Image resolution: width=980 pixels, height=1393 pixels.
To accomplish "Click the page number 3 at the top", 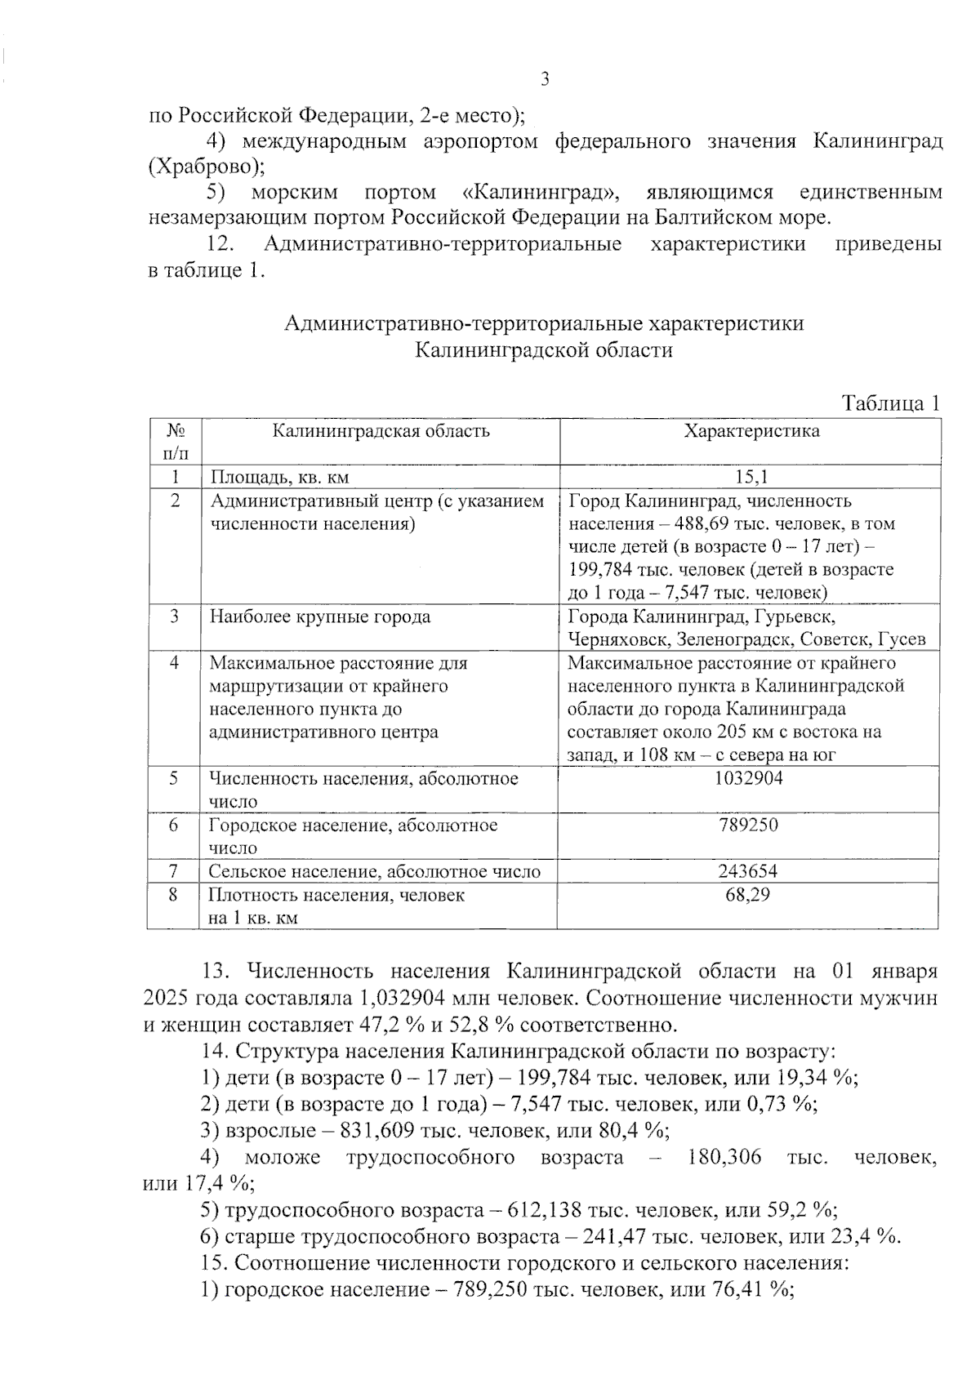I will click(545, 79).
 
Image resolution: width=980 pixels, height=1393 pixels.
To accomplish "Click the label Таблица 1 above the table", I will click(891, 403).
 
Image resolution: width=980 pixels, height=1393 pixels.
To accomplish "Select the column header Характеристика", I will click(751, 431).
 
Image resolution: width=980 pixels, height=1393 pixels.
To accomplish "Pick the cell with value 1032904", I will click(748, 778).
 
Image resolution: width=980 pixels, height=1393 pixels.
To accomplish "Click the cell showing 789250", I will click(748, 825).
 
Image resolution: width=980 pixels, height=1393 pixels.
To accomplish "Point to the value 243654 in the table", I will click(748, 871).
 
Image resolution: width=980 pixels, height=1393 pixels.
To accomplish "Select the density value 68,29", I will click(748, 895).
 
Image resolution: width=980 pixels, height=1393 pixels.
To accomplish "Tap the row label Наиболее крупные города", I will click(320, 616).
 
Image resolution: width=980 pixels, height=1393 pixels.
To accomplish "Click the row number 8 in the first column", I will click(173, 895).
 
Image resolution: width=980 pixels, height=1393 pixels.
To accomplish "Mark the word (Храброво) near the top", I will click(207, 167).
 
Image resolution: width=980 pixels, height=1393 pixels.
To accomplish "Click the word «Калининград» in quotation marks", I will click(541, 193).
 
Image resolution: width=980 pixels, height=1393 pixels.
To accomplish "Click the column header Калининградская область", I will click(381, 431).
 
